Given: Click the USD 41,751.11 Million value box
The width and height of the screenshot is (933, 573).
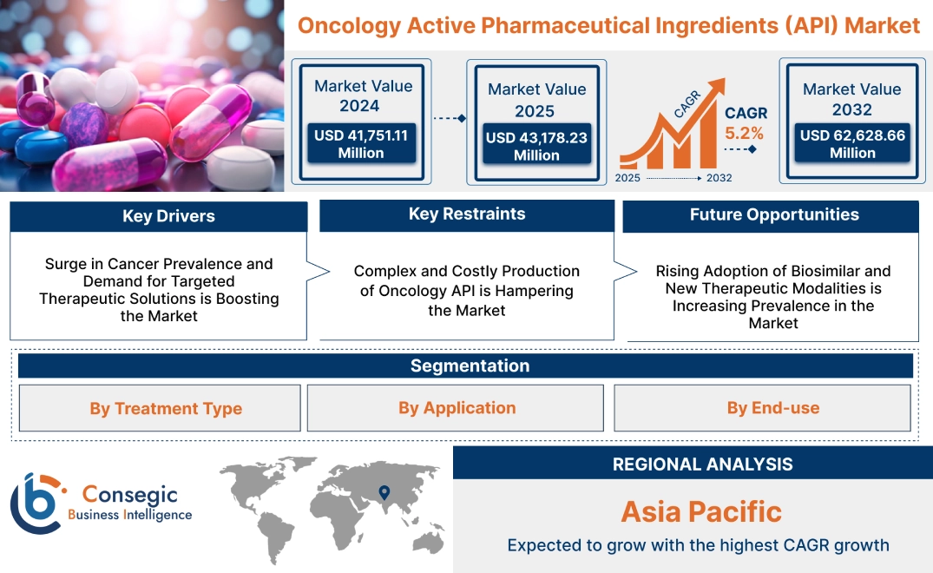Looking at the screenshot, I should [360, 143].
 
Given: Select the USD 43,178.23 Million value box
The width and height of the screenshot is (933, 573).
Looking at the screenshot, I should [536, 146].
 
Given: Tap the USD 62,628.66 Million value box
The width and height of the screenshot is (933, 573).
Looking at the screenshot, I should [852, 143].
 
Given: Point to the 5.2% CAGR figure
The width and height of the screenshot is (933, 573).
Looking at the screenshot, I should [744, 133].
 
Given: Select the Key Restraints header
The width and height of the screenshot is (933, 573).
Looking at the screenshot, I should [467, 214].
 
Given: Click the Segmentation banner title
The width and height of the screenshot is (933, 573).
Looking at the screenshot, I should [470, 366].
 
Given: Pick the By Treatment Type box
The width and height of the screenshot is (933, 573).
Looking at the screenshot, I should [166, 408].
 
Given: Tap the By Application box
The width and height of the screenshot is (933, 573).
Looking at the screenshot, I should [457, 407].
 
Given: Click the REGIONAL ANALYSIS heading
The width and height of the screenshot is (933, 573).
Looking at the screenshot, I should [702, 464].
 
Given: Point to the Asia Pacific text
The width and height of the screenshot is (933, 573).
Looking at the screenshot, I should [701, 510].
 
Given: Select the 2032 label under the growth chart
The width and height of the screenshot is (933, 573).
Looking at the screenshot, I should [719, 178].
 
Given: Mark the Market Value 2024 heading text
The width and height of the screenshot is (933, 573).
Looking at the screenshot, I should [363, 95].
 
